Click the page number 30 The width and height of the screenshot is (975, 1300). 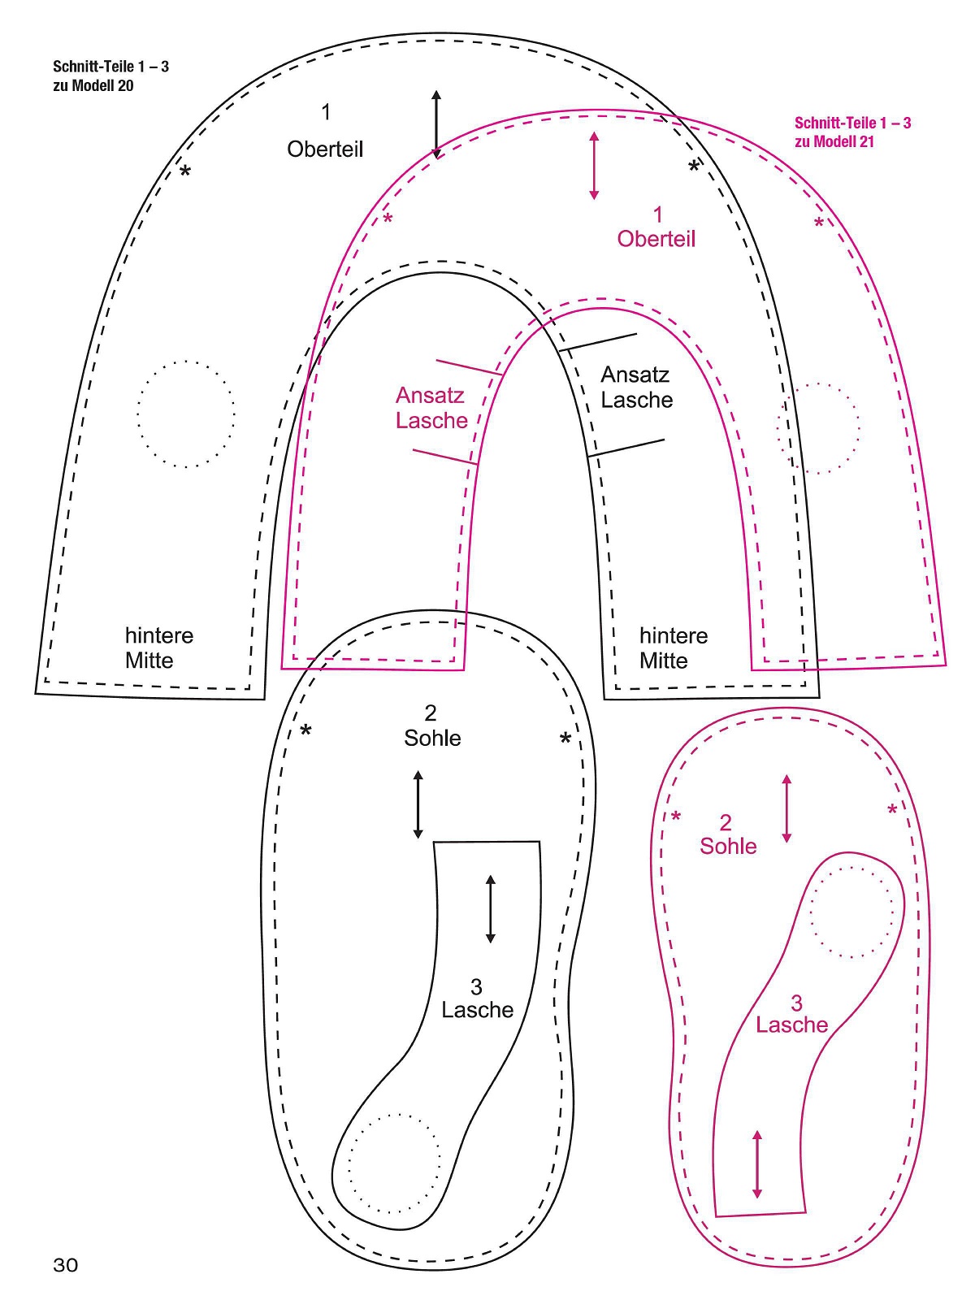pyautogui.click(x=65, y=1265)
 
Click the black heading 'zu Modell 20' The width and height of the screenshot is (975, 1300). pyautogui.click(x=93, y=86)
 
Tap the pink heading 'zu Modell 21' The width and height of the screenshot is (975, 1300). pyautogui.click(x=834, y=142)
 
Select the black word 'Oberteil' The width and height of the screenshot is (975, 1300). pyautogui.click(x=325, y=149)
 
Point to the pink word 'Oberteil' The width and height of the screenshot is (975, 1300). pyautogui.click(x=656, y=239)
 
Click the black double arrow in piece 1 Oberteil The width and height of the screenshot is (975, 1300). pyautogui.click(x=436, y=124)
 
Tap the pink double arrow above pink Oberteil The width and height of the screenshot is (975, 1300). pyautogui.click(x=595, y=166)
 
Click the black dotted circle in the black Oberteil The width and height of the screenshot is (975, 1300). pyautogui.click(x=186, y=414)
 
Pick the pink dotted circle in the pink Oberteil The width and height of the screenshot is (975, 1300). pyautogui.click(x=817, y=428)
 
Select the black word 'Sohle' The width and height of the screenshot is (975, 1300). pyautogui.click(x=432, y=739)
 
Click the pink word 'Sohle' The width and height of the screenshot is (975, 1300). pyautogui.click(x=728, y=847)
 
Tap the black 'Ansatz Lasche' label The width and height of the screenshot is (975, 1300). pyautogui.click(x=637, y=388)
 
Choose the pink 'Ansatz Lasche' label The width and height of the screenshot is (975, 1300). pyautogui.click(x=431, y=408)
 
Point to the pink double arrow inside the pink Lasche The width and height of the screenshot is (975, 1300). pyautogui.click(x=757, y=1164)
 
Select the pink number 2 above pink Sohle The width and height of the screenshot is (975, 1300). pyautogui.click(x=726, y=822)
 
